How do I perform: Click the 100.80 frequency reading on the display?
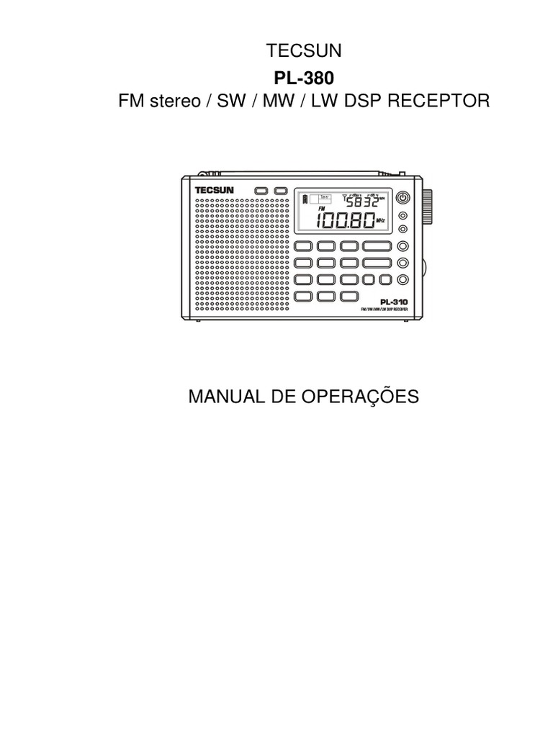point(343,218)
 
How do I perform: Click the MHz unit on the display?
point(381,221)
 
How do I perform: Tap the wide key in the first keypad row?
point(377,246)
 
